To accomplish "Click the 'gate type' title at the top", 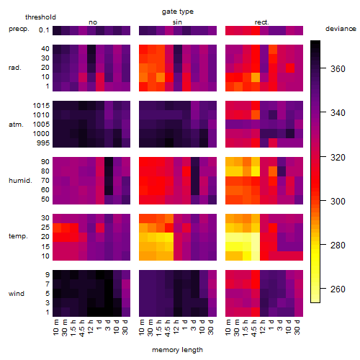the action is coord(178,12).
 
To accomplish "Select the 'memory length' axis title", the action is coord(177,350).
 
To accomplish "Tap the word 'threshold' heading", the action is coord(40,17).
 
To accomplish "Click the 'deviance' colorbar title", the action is coord(341,29).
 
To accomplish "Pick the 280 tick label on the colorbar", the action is coord(338,246).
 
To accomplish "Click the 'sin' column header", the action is coord(177,22).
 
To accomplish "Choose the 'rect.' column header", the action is coord(262,22).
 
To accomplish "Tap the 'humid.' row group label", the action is coord(20,181).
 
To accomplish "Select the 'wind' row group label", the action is coord(17,294).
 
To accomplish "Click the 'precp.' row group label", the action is coord(19,29).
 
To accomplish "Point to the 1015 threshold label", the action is coord(41,106).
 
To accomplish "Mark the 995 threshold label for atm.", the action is coord(43,143).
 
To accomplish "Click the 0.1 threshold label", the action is coord(44,30).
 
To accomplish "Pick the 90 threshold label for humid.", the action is coord(45,162).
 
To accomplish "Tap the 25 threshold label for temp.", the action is coord(45,228).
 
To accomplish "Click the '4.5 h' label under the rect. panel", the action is coord(253,328).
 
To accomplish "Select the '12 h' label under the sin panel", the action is coord(176,327).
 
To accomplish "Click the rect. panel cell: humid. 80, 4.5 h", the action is coord(256,171).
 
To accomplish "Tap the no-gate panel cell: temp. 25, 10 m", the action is coord(57,228).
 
